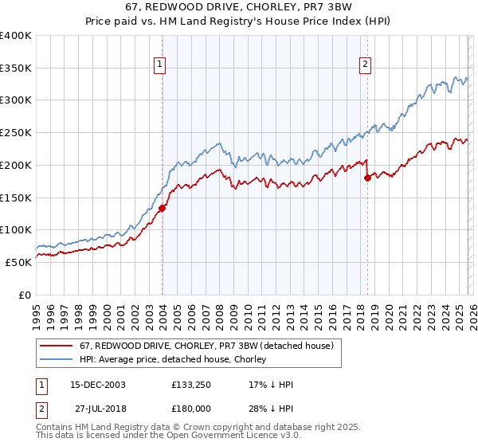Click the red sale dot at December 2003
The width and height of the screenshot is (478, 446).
162,209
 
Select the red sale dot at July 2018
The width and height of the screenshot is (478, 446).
367,178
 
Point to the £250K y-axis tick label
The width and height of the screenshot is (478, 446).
16,133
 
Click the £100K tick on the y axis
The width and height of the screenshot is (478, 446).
16,230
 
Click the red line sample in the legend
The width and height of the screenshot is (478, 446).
57,346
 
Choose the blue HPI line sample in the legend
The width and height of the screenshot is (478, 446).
57,359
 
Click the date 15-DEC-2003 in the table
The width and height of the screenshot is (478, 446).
98,385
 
